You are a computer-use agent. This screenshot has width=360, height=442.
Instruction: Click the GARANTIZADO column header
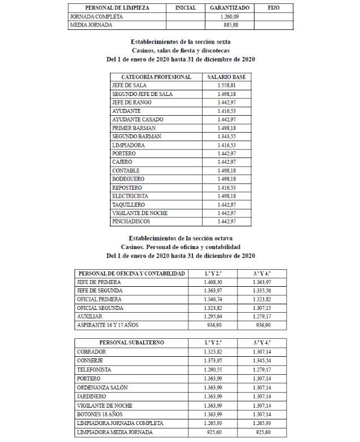230,8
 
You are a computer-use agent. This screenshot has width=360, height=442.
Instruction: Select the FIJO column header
274,8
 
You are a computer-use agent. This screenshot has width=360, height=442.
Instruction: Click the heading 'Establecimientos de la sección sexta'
181,42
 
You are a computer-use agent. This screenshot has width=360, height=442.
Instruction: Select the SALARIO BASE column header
226,77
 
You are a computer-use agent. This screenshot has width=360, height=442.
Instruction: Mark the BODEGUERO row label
128,179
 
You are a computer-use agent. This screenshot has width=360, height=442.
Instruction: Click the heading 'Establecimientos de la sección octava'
181,239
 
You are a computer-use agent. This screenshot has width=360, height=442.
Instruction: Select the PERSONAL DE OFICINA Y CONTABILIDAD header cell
131,273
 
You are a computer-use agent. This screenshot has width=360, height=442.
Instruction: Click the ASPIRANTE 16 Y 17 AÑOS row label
107,325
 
